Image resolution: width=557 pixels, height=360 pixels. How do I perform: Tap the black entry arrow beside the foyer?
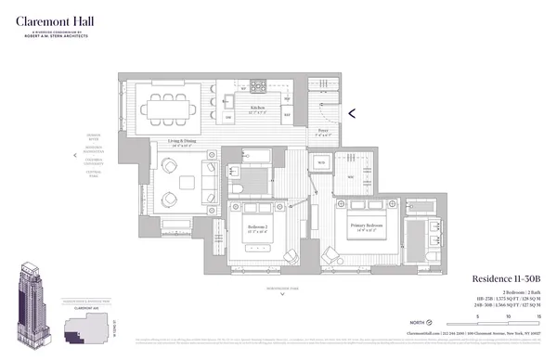[351, 114]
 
